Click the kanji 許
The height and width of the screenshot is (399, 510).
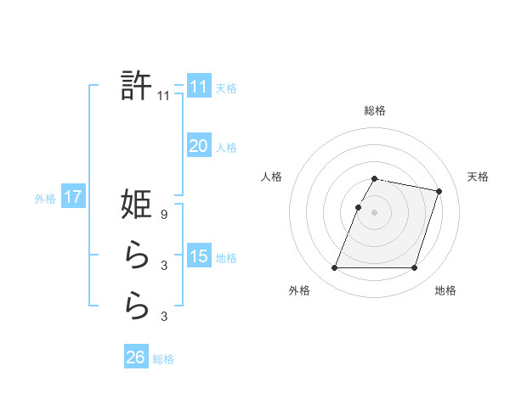click(x=137, y=87)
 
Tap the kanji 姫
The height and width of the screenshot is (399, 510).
click(x=137, y=205)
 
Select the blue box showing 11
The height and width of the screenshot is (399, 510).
click(x=198, y=87)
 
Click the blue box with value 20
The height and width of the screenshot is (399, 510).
click(x=198, y=146)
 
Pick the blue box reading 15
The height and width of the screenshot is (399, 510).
click(x=198, y=256)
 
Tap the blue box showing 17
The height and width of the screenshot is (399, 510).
click(x=72, y=197)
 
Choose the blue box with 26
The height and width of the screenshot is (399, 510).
click(x=135, y=357)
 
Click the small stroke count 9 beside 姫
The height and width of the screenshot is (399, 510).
click(x=164, y=216)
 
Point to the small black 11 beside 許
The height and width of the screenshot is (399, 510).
click(x=164, y=97)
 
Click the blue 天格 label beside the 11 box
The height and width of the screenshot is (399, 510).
click(x=226, y=88)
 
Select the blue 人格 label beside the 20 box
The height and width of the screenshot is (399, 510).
click(x=226, y=148)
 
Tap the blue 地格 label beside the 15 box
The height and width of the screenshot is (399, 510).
click(x=226, y=257)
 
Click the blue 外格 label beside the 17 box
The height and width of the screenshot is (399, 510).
click(x=45, y=199)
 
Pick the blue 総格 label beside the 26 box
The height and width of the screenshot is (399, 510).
click(x=163, y=359)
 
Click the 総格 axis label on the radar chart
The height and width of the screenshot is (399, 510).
click(x=375, y=110)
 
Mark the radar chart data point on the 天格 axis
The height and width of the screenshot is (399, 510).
click(x=439, y=191)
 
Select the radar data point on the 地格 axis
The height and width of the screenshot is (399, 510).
click(x=415, y=268)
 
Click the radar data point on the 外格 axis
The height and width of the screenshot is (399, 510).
click(x=335, y=268)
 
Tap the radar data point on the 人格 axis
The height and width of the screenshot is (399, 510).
click(x=359, y=207)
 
